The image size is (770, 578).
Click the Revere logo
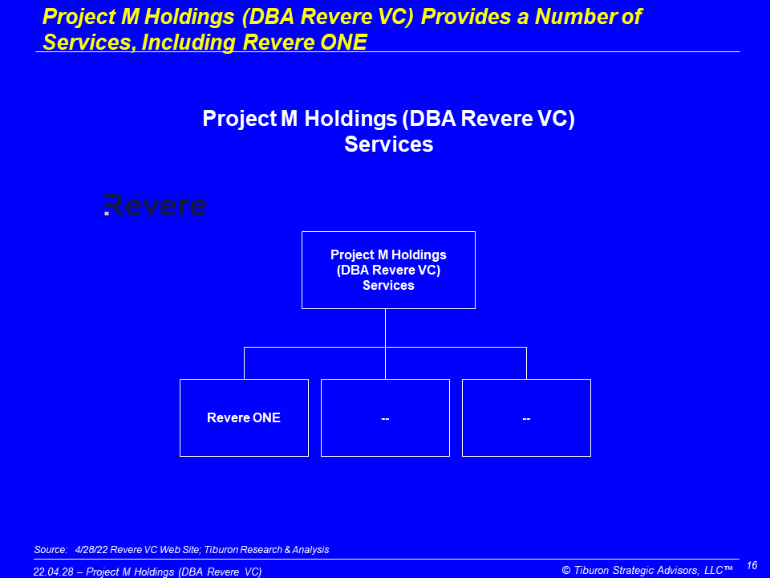click(x=155, y=205)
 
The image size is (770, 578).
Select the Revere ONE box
click(x=244, y=417)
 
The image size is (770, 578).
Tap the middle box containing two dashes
click(x=385, y=417)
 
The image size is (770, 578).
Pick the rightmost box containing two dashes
click(x=526, y=417)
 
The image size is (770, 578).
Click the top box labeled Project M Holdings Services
click(x=388, y=270)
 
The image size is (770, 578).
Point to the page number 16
click(x=752, y=565)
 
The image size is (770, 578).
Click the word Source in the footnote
click(x=50, y=549)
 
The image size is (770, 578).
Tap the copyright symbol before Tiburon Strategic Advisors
click(x=566, y=570)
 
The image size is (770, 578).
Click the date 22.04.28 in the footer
click(x=53, y=572)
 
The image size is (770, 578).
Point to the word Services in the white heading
click(x=389, y=144)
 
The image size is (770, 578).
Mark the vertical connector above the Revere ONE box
click(x=244, y=363)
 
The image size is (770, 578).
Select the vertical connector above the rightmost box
click(x=526, y=363)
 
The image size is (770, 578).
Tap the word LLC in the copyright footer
click(x=714, y=570)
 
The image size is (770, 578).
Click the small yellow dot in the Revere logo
click(x=107, y=214)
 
